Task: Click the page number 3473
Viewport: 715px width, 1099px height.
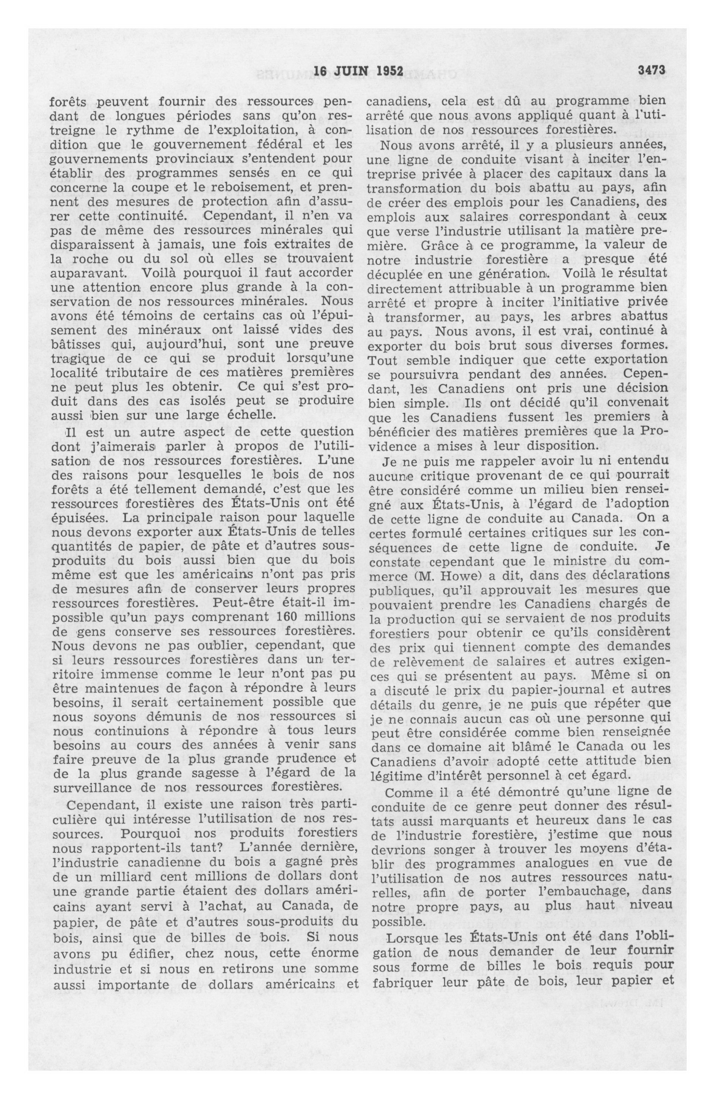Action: pos(651,70)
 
